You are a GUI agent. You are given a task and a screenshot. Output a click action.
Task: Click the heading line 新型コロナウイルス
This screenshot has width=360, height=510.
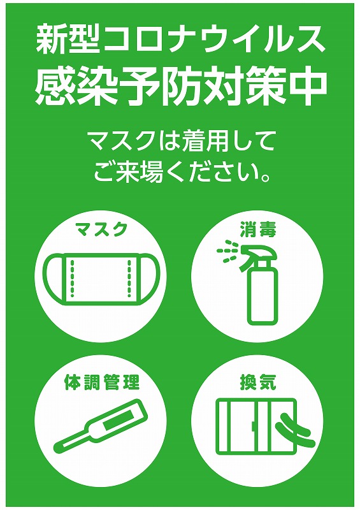tap(180, 40)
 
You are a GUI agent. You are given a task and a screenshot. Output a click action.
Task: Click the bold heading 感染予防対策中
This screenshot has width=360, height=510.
tap(180, 87)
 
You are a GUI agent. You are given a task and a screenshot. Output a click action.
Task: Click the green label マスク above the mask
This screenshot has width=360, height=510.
tap(101, 229)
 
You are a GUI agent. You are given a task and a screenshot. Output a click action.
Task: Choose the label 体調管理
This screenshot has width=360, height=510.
tap(102, 382)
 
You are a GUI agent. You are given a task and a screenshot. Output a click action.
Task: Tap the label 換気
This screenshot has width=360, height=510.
tap(258, 382)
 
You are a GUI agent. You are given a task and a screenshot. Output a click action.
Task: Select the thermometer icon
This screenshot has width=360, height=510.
tap(101, 426)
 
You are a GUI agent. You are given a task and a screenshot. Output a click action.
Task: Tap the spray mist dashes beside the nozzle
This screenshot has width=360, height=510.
tap(227, 251)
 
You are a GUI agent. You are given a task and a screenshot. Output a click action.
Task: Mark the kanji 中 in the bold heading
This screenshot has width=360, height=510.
tap(306, 87)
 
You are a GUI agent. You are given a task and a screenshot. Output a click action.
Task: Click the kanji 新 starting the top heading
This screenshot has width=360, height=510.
tap(50, 40)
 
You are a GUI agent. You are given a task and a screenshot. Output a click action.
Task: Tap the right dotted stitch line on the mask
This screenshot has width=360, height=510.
tap(130, 279)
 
